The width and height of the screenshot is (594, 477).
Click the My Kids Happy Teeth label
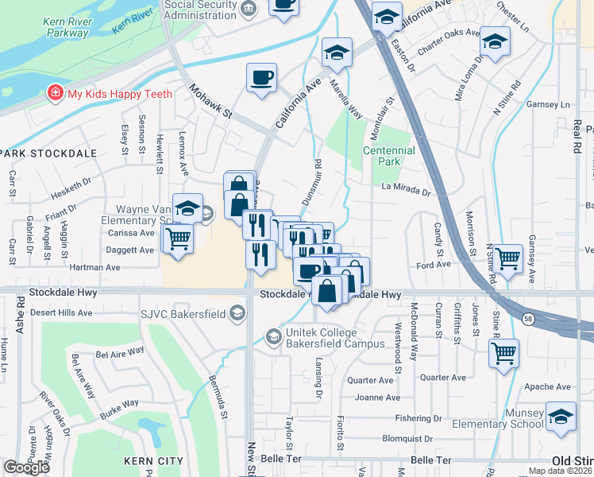[x=119, y=94]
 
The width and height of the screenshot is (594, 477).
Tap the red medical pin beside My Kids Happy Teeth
[x=55, y=93]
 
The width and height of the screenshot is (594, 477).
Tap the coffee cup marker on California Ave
[x=261, y=78]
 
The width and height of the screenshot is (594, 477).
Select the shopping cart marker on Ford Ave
[x=507, y=258]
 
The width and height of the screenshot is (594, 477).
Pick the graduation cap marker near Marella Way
[x=337, y=52]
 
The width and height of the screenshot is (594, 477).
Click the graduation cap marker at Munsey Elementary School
[x=561, y=418]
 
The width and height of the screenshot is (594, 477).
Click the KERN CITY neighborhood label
[x=154, y=461]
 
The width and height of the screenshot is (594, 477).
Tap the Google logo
[x=26, y=467]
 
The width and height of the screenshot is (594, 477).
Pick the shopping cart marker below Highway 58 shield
[x=503, y=353]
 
